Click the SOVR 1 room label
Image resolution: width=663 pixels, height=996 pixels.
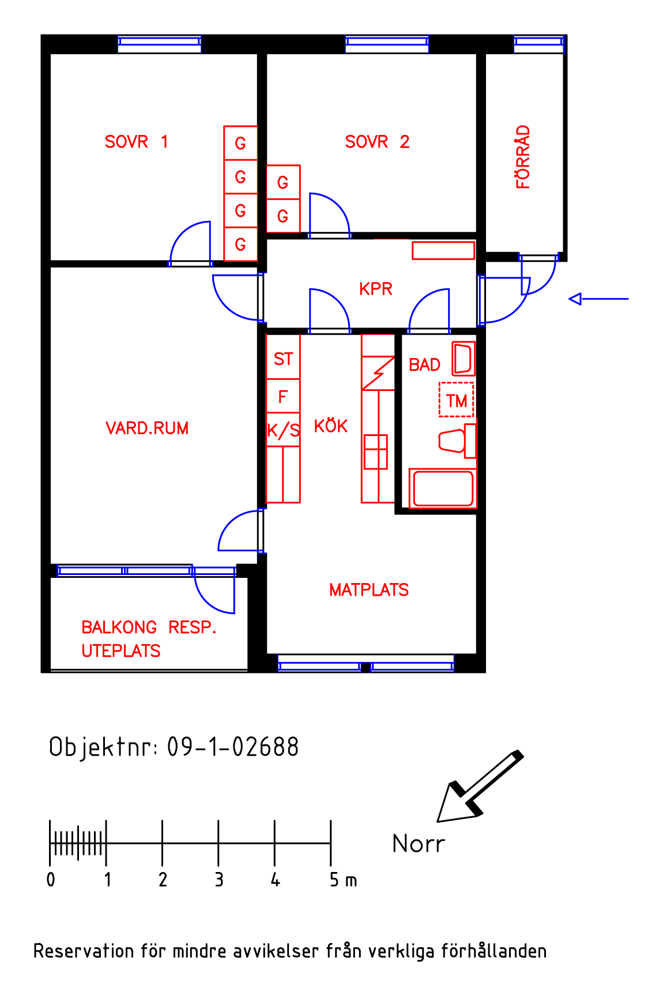pyautogui.click(x=137, y=142)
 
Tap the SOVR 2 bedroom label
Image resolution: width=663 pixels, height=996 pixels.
pyautogui.click(x=378, y=142)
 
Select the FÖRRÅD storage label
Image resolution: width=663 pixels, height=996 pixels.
pyautogui.click(x=523, y=157)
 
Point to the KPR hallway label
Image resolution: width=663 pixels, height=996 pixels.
pyautogui.click(x=376, y=289)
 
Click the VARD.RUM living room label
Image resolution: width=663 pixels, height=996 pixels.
pyautogui.click(x=147, y=429)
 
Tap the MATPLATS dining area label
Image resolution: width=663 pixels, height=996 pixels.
pyautogui.click(x=369, y=590)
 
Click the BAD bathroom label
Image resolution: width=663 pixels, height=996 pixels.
pyautogui.click(x=425, y=365)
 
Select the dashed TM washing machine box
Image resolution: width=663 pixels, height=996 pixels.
pyautogui.click(x=456, y=400)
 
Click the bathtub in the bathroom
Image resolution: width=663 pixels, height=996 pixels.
pyautogui.click(x=442, y=489)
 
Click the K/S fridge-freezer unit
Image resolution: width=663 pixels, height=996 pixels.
pyautogui.click(x=283, y=430)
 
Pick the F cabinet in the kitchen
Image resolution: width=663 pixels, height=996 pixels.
pyautogui.click(x=283, y=396)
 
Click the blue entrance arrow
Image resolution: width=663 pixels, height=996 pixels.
pyautogui.click(x=598, y=299)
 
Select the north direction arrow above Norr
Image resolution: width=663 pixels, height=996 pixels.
pyautogui.click(x=480, y=786)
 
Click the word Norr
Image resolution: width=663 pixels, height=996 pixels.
pyautogui.click(x=419, y=844)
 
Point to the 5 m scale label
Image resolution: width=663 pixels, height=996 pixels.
pyautogui.click(x=344, y=880)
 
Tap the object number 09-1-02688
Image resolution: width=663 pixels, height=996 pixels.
pyautogui.click(x=233, y=747)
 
